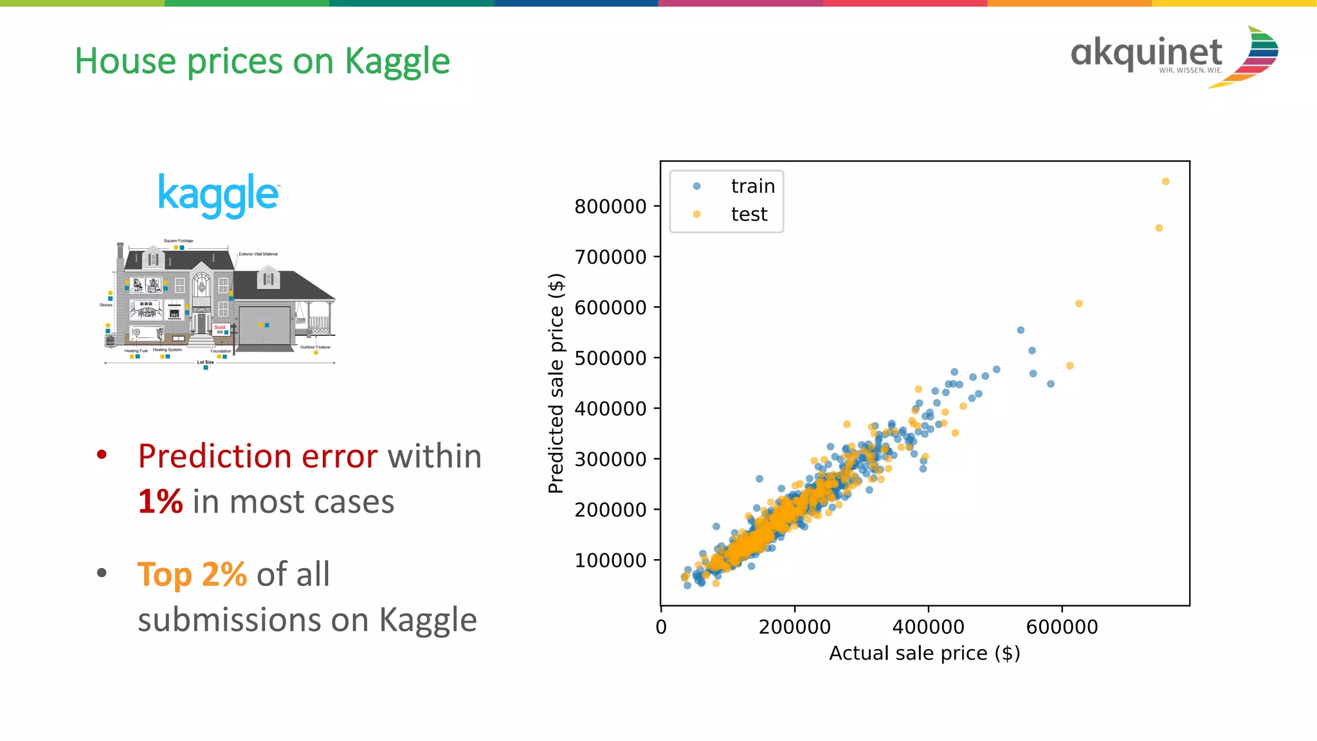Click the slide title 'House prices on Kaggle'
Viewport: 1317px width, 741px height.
click(262, 62)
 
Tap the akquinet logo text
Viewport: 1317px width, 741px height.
click(1146, 53)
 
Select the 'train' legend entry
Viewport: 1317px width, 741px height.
click(752, 186)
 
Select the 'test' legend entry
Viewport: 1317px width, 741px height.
click(749, 215)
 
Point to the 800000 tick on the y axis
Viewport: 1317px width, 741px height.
click(610, 207)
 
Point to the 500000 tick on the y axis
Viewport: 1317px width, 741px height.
click(610, 358)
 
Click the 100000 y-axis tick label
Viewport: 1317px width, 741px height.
click(610, 560)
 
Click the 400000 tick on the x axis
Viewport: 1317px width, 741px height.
click(928, 627)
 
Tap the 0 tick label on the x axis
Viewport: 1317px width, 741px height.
click(661, 627)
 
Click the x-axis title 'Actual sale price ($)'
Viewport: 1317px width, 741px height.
click(924, 654)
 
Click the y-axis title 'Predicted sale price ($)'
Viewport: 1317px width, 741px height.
click(556, 383)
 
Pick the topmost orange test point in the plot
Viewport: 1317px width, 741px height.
click(1165, 182)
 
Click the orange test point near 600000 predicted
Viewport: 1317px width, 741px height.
click(1078, 304)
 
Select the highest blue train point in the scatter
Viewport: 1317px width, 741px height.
click(1021, 330)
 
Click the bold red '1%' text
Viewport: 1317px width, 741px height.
click(160, 502)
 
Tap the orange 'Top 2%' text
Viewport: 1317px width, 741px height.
click(192, 575)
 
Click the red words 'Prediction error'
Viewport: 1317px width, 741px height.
click(257, 456)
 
